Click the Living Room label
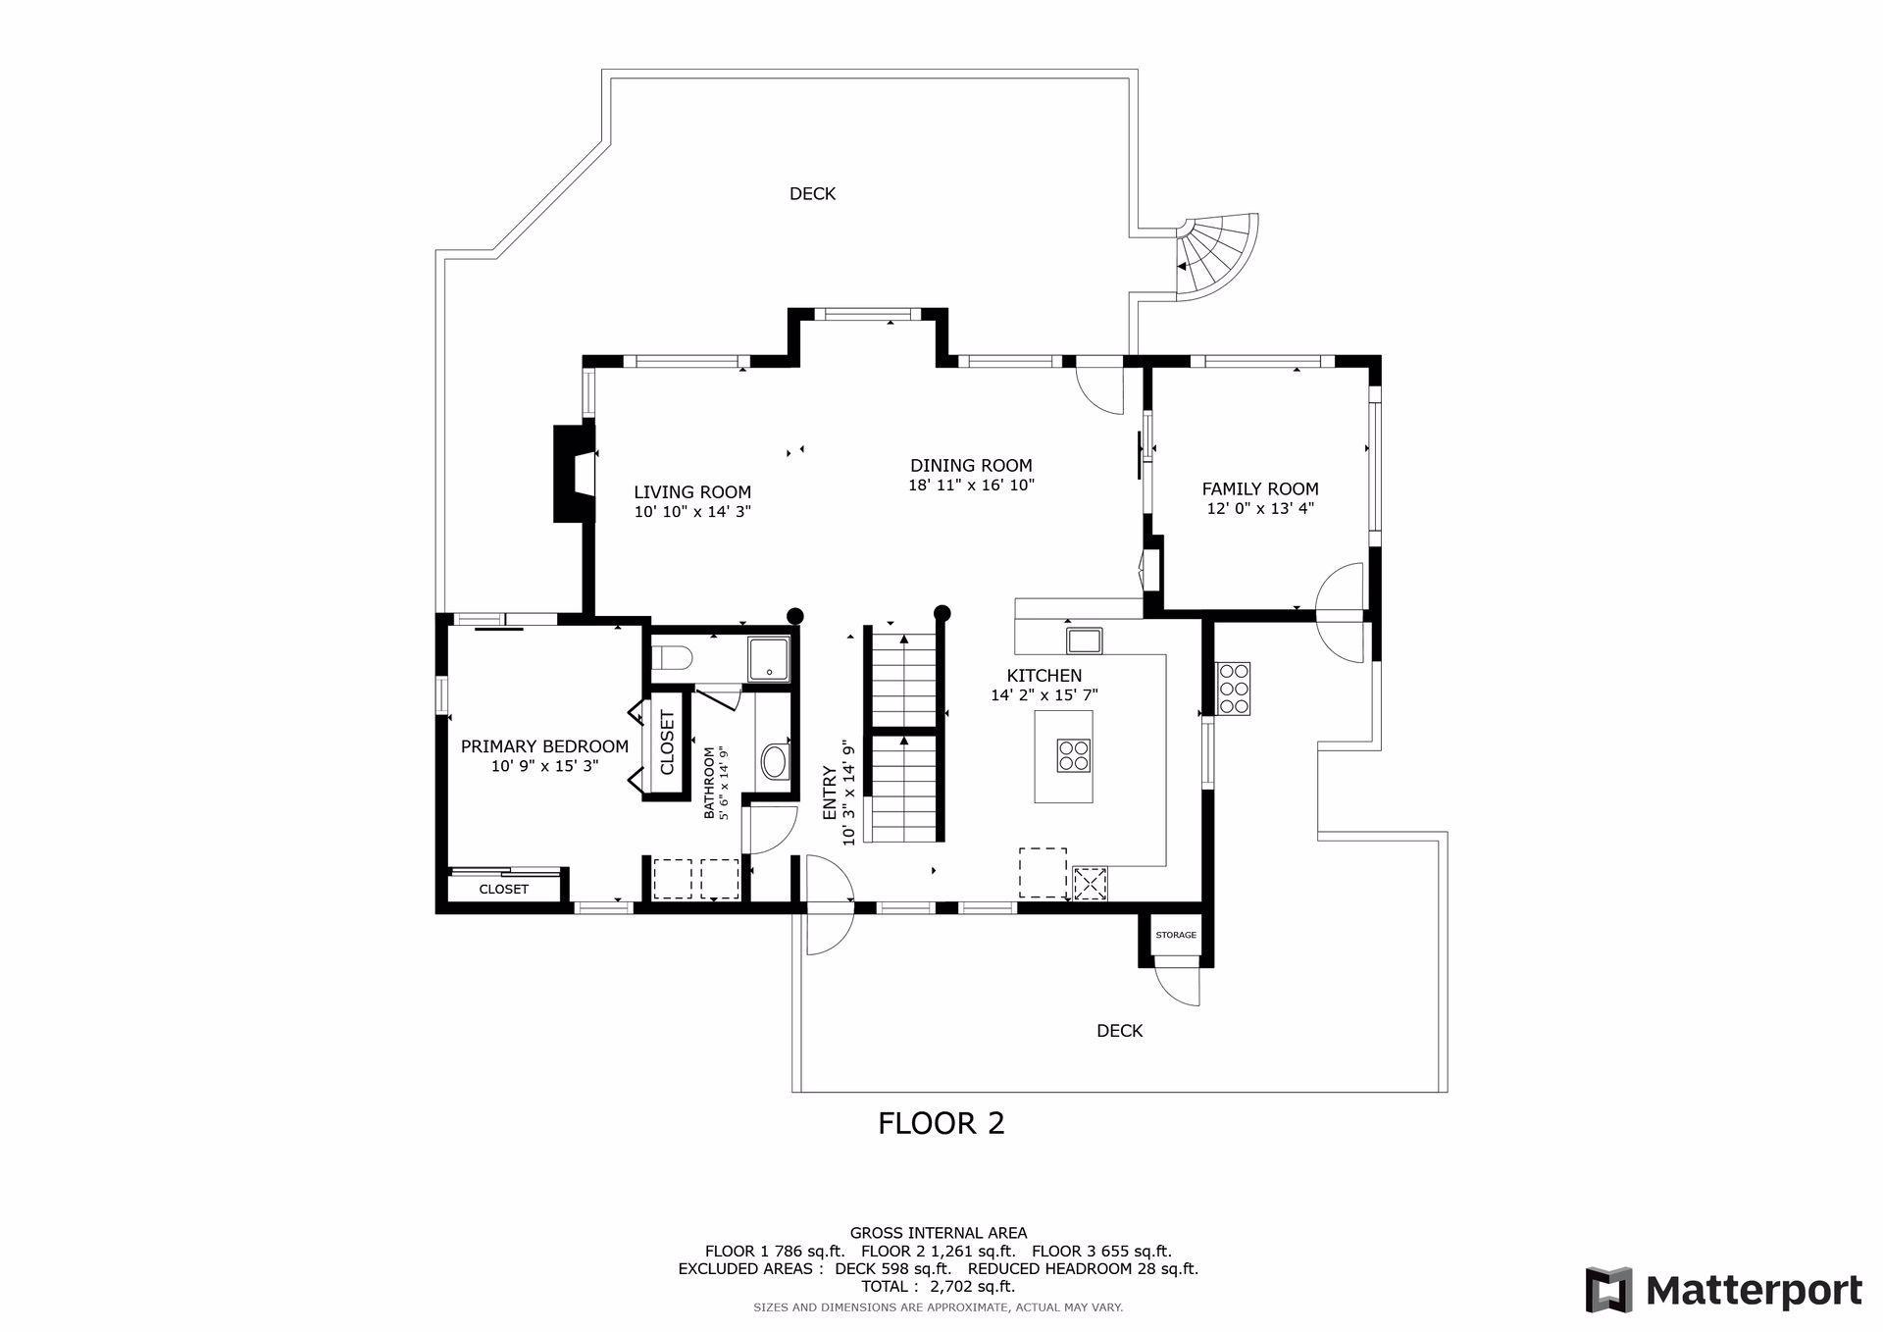692,492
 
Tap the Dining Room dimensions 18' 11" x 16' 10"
971,485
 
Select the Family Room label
1260,488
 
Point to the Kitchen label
1044,676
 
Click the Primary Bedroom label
544,746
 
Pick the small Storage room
1176,935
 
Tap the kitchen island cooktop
1072,756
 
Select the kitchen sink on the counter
1085,640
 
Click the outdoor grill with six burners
1234,689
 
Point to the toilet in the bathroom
673,657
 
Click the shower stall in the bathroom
768,658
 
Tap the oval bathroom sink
774,761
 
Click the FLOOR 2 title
941,1123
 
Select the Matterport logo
1723,1289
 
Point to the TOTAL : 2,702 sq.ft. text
938,1287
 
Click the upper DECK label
813,194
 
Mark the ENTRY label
830,793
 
